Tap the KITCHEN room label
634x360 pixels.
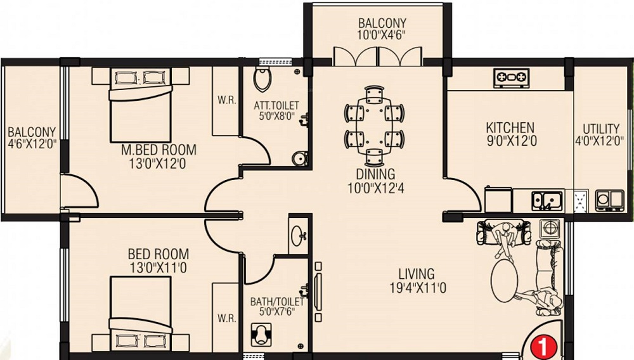click(x=510, y=127)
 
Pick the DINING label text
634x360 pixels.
click(x=375, y=173)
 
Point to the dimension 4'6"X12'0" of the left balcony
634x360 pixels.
click(x=32, y=143)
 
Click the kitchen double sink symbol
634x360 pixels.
click(x=546, y=200)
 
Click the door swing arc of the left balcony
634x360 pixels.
click(x=79, y=191)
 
